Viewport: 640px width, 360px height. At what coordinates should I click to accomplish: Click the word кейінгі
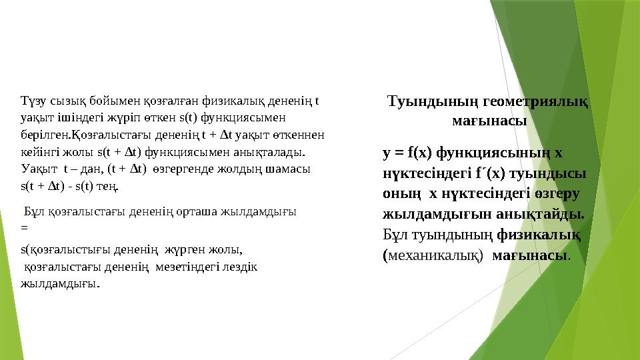[36, 151]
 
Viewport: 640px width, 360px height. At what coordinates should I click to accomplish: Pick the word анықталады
[272, 151]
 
